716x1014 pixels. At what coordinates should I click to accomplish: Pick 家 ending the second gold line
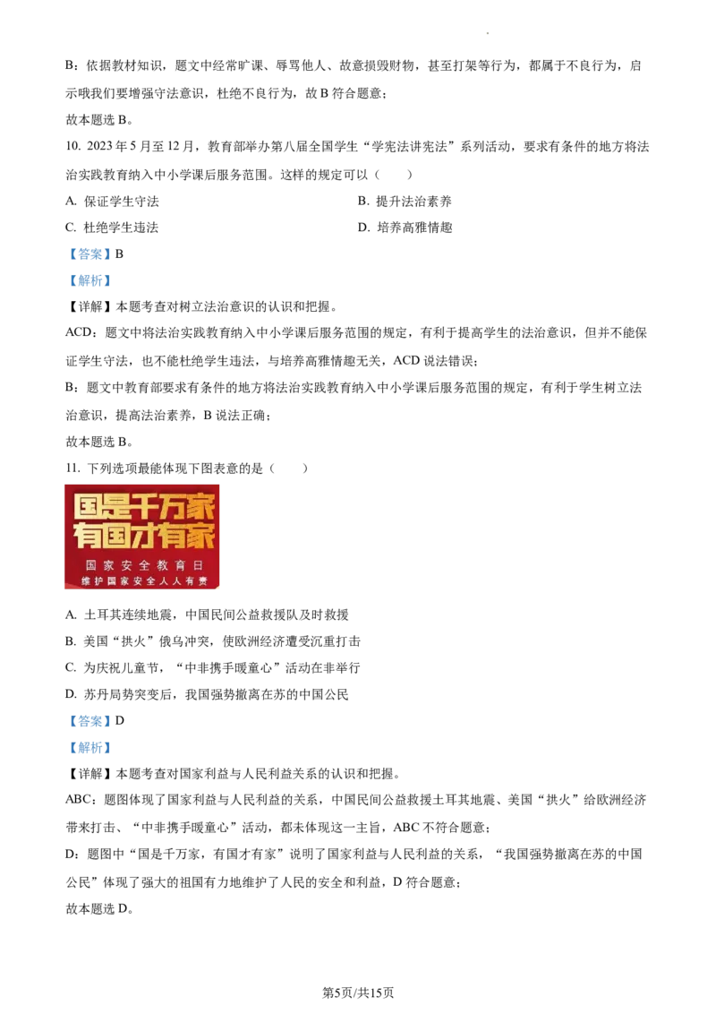pos(200,536)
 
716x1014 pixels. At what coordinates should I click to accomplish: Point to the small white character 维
pos(87,581)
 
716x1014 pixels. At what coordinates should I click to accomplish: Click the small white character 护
pos(99,581)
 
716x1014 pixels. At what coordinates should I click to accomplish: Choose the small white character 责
pos(203,581)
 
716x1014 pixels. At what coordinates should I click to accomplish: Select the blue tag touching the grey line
pos(89,279)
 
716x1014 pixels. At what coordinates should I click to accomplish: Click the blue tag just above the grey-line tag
pos(89,254)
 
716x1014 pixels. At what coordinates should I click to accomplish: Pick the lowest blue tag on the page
pos(89,748)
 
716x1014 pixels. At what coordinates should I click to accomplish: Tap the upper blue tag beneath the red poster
pos(89,720)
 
